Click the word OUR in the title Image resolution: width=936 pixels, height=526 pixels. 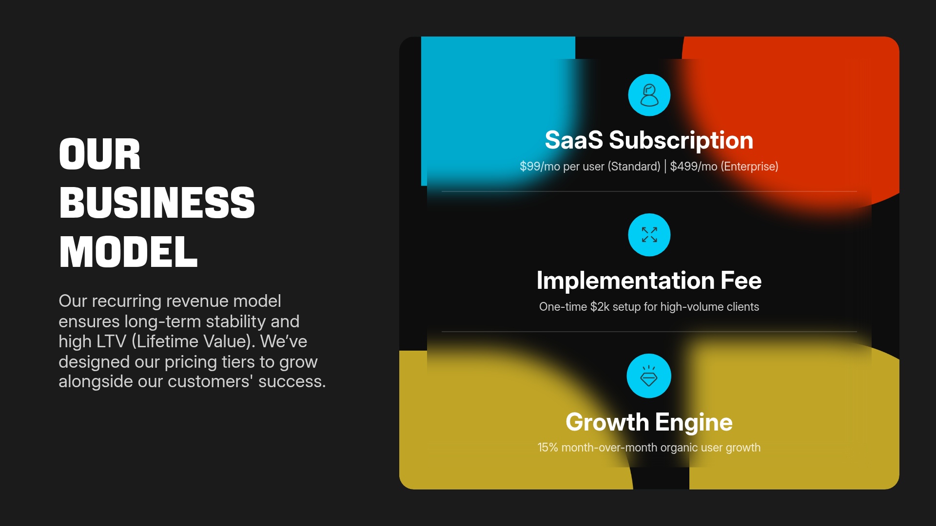coord(100,154)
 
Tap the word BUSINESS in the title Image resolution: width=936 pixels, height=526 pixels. coord(157,203)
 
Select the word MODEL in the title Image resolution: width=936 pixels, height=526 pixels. coord(128,252)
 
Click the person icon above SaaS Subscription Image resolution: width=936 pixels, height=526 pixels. coord(649,95)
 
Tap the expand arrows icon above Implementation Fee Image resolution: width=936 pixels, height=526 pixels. coord(649,235)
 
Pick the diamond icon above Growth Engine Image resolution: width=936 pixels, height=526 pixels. coord(649,376)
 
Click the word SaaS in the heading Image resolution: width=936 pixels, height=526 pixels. coord(574,140)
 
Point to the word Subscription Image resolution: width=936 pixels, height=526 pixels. coord(681,140)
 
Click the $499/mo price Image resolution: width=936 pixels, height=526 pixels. coord(693,167)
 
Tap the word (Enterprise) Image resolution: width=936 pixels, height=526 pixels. coord(749,167)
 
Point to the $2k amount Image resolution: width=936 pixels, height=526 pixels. coord(600,307)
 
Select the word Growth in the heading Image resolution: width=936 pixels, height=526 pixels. coord(607,422)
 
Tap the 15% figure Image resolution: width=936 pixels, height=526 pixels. coord(547,448)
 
